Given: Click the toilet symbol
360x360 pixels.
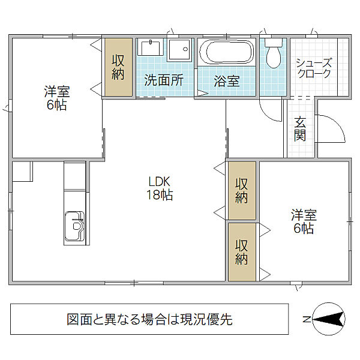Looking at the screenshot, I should coord(273,55).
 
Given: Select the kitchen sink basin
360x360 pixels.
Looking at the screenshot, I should coord(76,225).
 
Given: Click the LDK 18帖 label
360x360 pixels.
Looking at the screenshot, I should coord(160,188).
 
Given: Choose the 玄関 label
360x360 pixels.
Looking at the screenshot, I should coord(300,127).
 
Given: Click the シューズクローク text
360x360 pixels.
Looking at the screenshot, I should coord(314,68).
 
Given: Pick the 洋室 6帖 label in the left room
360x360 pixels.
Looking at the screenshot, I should coord(57,98).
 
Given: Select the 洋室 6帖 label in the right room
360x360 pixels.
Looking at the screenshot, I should coord(303,221).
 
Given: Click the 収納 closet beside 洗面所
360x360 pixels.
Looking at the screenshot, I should coord(118,67).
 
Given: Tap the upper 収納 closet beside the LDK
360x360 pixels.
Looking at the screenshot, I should coord(241,190).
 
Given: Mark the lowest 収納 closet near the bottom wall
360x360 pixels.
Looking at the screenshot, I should coord(241,251).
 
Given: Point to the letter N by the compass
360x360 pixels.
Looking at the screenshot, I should coord(306,319).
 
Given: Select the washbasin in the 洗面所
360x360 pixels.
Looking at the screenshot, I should coord(150,51).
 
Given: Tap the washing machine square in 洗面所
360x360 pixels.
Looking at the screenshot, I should coord(179,51).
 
